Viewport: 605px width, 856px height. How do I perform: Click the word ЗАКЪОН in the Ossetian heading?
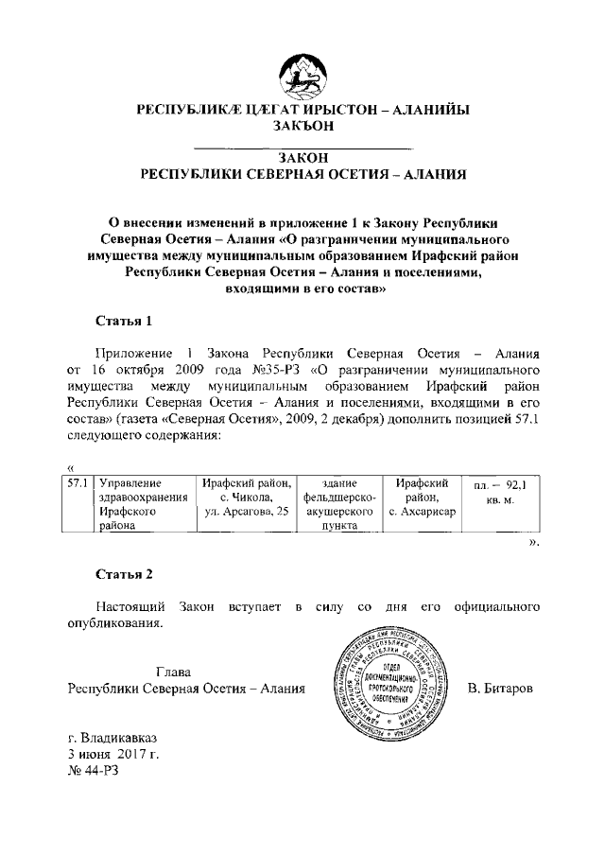pyautogui.click(x=302, y=127)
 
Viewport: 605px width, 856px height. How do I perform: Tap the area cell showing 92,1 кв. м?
pyautogui.click(x=499, y=491)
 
